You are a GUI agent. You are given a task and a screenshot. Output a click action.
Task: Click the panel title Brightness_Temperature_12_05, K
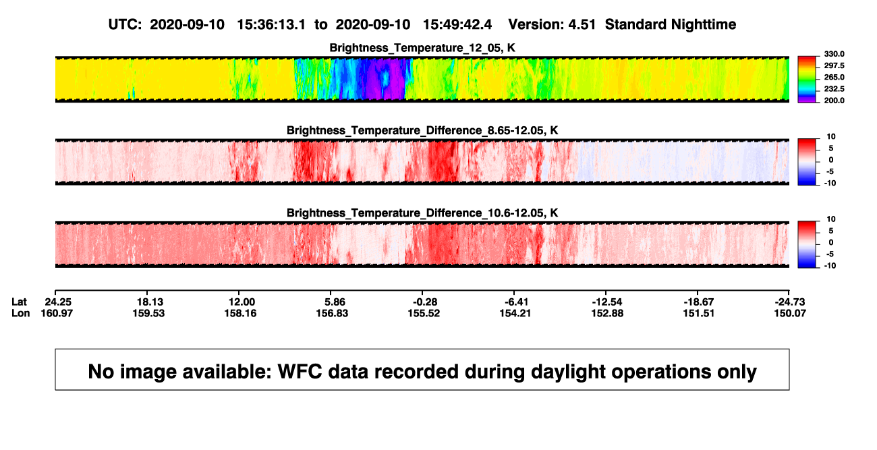pyautogui.click(x=422, y=48)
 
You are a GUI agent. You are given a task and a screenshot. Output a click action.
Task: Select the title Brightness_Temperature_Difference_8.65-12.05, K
pyautogui.click(x=422, y=130)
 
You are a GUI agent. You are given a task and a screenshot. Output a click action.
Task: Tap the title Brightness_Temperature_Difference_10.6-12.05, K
pyautogui.click(x=422, y=213)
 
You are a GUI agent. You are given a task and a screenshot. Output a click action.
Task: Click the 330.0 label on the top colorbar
pyautogui.click(x=834, y=54)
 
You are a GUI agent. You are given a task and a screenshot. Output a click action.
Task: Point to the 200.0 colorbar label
pyautogui.click(x=834, y=101)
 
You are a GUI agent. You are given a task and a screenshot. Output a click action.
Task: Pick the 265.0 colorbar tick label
pyautogui.click(x=834, y=77)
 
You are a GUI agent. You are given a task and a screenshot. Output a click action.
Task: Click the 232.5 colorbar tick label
pyautogui.click(x=834, y=89)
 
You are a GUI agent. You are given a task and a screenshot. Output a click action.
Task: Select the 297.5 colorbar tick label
pyautogui.click(x=834, y=65)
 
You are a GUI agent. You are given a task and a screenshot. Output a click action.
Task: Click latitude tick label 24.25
pyautogui.click(x=58, y=302)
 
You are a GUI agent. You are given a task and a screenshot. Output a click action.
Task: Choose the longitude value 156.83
pyautogui.click(x=332, y=313)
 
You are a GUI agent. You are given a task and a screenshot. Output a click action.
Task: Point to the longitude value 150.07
pyautogui.click(x=790, y=313)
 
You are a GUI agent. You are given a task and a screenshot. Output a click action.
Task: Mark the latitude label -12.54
pyautogui.click(x=607, y=302)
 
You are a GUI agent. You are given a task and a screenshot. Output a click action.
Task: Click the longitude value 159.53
pyautogui.click(x=148, y=313)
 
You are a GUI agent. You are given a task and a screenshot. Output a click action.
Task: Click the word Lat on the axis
pyautogui.click(x=19, y=302)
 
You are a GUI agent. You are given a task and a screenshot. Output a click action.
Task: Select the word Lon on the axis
pyautogui.click(x=21, y=313)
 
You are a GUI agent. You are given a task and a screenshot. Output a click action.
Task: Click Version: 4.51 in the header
pyautogui.click(x=552, y=25)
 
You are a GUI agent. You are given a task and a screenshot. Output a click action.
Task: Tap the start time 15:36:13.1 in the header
pyautogui.click(x=271, y=25)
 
